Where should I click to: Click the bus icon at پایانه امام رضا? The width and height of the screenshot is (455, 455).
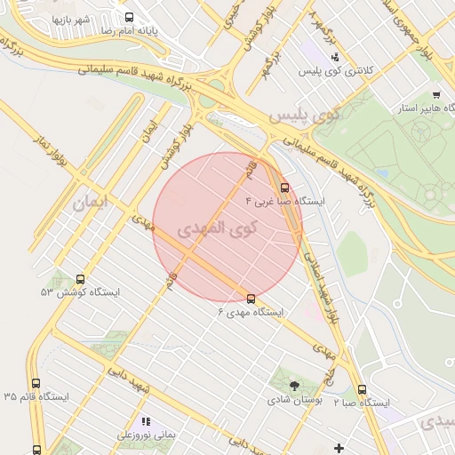coord(130,17)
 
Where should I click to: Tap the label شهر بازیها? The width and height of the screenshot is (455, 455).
coord(71,18)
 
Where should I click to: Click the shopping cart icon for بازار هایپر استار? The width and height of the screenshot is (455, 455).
coord(436,95)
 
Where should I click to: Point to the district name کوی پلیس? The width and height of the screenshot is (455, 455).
coord(305,116)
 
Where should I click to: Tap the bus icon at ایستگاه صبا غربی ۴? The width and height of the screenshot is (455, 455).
coord(284,188)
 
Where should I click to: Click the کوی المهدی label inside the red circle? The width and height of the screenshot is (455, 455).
coord(218,227)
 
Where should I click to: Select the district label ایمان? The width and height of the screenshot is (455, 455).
coord(92,203)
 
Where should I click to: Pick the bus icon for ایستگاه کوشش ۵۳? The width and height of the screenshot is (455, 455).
coord(81,279)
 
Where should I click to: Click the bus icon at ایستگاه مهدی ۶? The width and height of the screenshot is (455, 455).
coord(251,299)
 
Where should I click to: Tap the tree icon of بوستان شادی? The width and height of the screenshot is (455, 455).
coord(294,386)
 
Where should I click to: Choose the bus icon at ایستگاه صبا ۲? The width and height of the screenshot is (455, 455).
coord(362,389)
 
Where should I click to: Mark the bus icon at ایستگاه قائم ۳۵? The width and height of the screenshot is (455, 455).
coord(36,384)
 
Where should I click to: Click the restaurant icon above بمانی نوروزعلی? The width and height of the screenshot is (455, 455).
coord(146,421)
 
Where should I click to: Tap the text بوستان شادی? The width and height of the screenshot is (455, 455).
coord(294,400)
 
